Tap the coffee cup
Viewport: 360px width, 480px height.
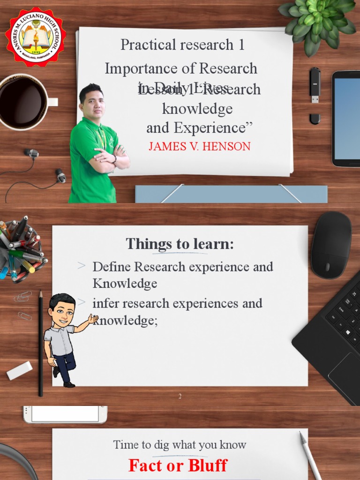pyautogui.click(x=23, y=102)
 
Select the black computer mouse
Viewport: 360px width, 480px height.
pyautogui.click(x=331, y=244)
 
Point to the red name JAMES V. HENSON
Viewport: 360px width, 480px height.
pyautogui.click(x=199, y=146)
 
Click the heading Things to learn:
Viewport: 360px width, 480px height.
pyautogui.click(x=180, y=244)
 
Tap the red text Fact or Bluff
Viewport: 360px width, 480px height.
pyautogui.click(x=178, y=465)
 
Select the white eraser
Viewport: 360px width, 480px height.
pyautogui.click(x=19, y=370)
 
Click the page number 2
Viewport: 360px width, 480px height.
pyautogui.click(x=180, y=397)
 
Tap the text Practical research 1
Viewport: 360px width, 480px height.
pyautogui.click(x=182, y=45)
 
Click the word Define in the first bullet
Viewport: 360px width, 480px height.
pyautogui.click(x=112, y=267)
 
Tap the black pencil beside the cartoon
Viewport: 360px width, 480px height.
pyautogui.click(x=41, y=342)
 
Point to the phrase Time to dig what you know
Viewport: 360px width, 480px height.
pyautogui.click(x=180, y=445)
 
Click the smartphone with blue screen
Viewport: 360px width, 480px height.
pyautogui.click(x=346, y=118)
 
